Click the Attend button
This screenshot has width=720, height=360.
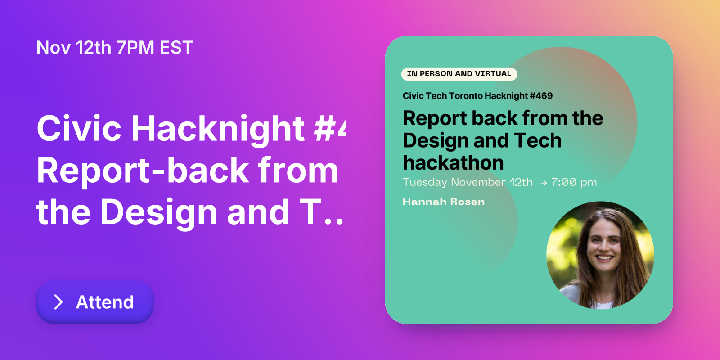pos(95,302)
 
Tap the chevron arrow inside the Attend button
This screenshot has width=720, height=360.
pos(58,302)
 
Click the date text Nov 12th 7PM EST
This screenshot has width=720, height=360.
pos(115,48)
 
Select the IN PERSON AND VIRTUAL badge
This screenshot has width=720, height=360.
pos(459,74)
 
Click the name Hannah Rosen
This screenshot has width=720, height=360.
pos(444,202)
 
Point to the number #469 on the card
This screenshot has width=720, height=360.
pos(541,96)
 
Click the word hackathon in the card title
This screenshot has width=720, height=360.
pos(453,163)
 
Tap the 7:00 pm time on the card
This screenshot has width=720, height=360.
pos(574,182)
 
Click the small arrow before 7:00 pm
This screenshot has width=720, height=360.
pos(544,183)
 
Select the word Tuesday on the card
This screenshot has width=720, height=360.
pos(425,182)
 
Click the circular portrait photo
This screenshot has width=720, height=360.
pos(600,255)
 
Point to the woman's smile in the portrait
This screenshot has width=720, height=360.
pos(604,258)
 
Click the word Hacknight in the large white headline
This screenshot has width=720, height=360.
pos(218,129)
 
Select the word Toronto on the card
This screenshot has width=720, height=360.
pos(466,96)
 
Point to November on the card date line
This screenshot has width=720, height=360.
pos(478,182)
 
